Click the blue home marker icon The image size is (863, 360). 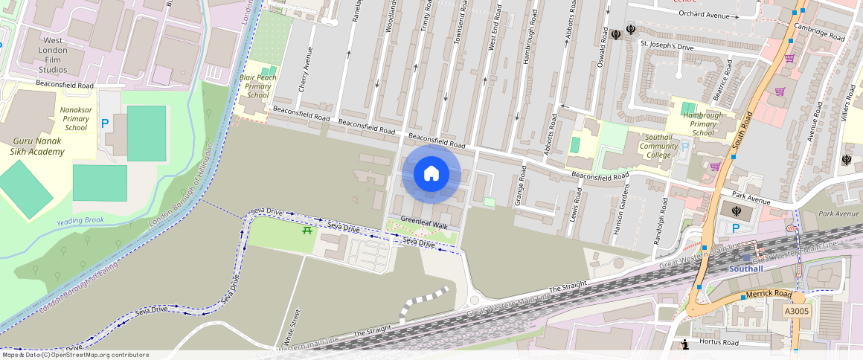pyautogui.click(x=431, y=174)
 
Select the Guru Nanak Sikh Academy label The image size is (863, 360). pyautogui.click(x=38, y=146)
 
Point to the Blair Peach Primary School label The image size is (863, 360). pyautogui.click(x=257, y=86)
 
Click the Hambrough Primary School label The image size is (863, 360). pyautogui.click(x=704, y=124)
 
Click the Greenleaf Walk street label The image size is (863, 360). pyautogui.click(x=424, y=225)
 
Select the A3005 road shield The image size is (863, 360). pyautogui.click(x=797, y=312)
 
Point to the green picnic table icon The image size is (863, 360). pyautogui.click(x=307, y=231)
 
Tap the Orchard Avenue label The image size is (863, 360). pyautogui.click(x=704, y=15)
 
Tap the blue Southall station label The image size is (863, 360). pyautogui.click(x=745, y=269)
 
